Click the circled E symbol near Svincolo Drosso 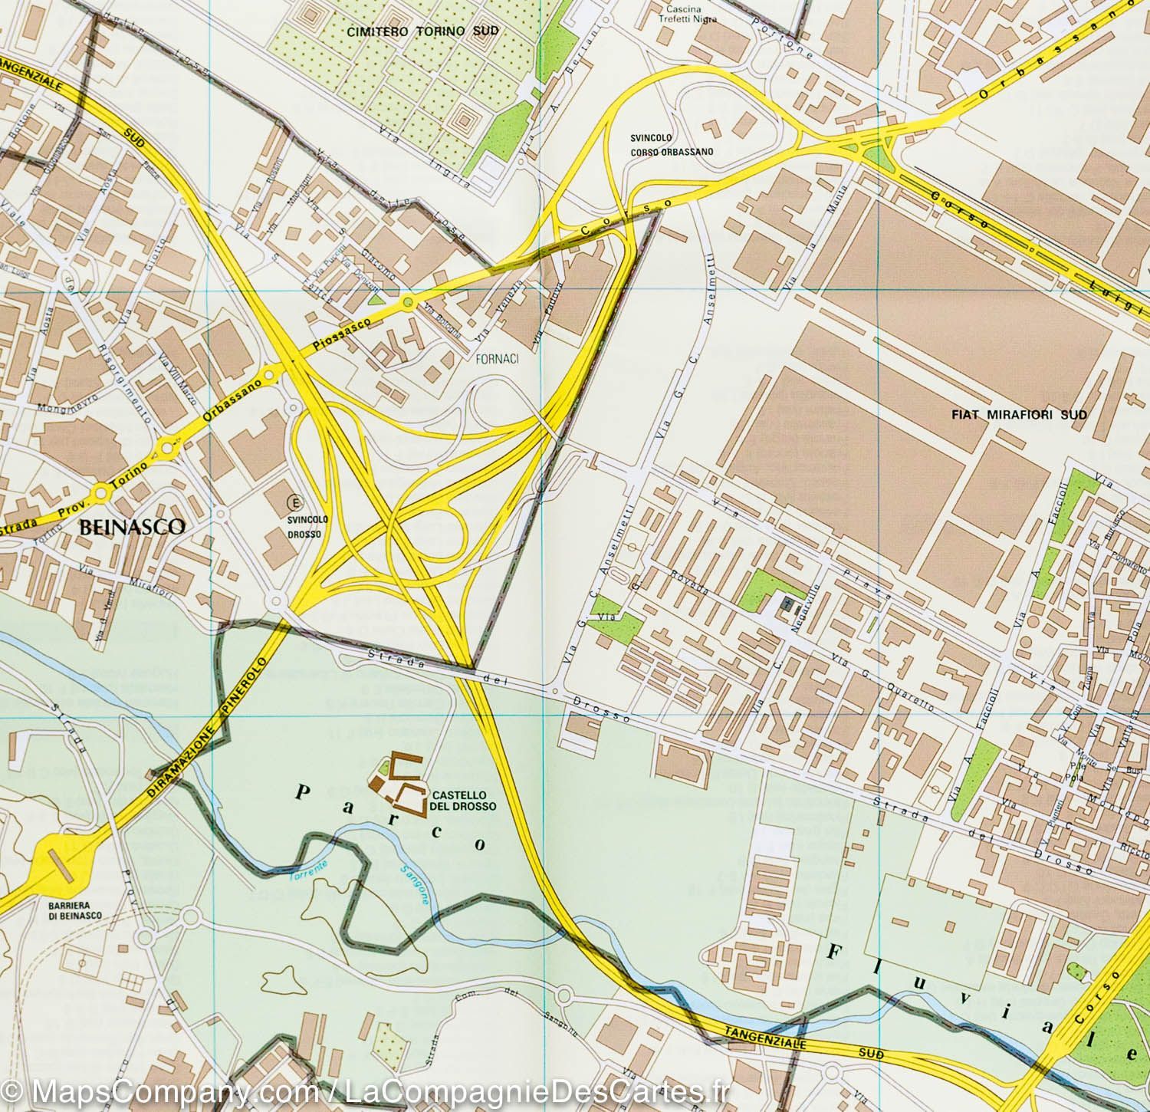(292, 503)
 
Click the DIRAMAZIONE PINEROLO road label (196, 738)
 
